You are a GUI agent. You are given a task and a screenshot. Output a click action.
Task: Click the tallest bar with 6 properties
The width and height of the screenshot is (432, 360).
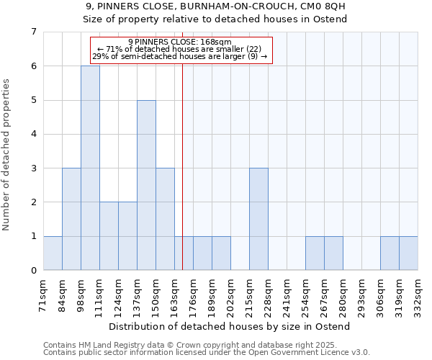tap(90, 168)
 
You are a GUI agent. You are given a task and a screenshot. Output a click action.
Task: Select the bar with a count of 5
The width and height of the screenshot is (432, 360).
tap(146, 185)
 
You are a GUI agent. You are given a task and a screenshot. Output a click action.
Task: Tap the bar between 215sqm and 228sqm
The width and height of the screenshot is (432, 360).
tap(258, 219)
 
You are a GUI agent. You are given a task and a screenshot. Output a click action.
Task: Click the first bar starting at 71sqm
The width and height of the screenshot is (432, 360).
tap(53, 253)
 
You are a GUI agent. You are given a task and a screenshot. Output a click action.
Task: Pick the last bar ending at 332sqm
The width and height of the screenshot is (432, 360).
tap(408, 253)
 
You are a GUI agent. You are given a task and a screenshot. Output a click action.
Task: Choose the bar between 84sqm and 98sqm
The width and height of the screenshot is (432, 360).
tap(71, 219)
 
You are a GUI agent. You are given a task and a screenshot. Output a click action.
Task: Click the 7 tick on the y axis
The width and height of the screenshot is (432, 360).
tap(33, 32)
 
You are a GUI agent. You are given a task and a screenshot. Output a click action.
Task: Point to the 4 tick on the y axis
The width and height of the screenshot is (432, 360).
tap(33, 134)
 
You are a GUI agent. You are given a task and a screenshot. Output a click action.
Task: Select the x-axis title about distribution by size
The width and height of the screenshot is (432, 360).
tap(230, 326)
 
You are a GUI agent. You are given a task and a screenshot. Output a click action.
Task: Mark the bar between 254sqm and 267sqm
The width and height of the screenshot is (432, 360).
tap(315, 253)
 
